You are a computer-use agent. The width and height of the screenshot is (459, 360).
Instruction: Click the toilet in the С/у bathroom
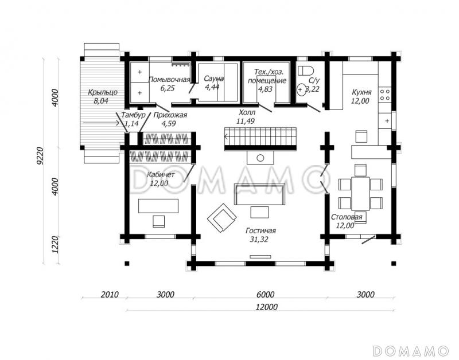306,71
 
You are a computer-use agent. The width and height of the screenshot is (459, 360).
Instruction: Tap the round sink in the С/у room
301,89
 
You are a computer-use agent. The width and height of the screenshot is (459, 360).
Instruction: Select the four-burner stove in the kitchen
384,95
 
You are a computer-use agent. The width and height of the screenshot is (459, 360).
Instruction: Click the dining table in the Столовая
360,193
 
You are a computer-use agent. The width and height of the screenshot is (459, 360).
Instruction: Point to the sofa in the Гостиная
260,194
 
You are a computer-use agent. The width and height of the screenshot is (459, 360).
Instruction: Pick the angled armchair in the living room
222,218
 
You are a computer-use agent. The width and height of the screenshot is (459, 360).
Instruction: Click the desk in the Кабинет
158,206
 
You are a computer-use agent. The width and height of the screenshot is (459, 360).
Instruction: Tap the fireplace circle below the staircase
260,158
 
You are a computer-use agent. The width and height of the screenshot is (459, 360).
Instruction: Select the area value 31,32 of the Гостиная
259,240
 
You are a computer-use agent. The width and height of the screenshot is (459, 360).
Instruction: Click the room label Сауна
214,79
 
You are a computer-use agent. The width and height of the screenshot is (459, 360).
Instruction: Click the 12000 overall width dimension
267,307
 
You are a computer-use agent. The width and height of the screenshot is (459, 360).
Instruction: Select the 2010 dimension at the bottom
110,295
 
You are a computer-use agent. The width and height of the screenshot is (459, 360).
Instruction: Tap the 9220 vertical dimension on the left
40,156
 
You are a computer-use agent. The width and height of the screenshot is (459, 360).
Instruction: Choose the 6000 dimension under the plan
265,294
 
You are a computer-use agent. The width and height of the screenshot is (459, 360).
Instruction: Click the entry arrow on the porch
101,123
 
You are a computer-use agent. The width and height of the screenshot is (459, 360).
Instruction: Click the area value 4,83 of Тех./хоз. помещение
265,89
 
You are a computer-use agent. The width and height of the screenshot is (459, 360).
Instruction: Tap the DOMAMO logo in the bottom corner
411,350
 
